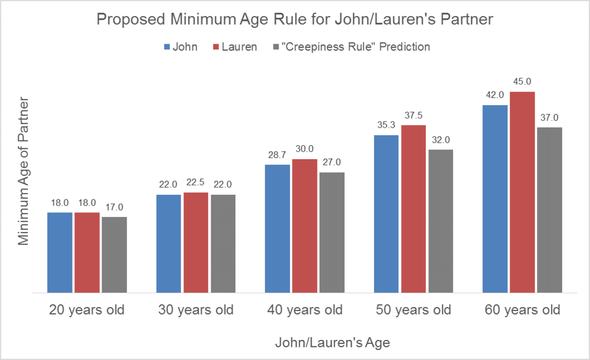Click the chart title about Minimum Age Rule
pyautogui.click(x=294, y=20)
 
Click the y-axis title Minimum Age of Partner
pyautogui.click(x=23, y=178)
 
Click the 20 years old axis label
pyautogui.click(x=87, y=310)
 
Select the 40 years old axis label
pyautogui.click(x=304, y=310)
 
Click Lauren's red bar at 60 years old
pyautogui.click(x=522, y=192)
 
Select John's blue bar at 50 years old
pyautogui.click(x=386, y=214)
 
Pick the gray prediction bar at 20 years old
pyautogui.click(x=114, y=254)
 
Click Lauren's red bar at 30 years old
pyautogui.click(x=196, y=242)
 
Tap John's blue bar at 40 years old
pyautogui.click(x=277, y=228)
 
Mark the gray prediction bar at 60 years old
pyautogui.click(x=549, y=210)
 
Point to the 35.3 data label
pyautogui.click(x=386, y=125)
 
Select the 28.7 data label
pyautogui.click(x=277, y=155)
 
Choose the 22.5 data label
pyautogui.click(x=196, y=182)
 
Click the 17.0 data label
pyautogui.click(x=114, y=207)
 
